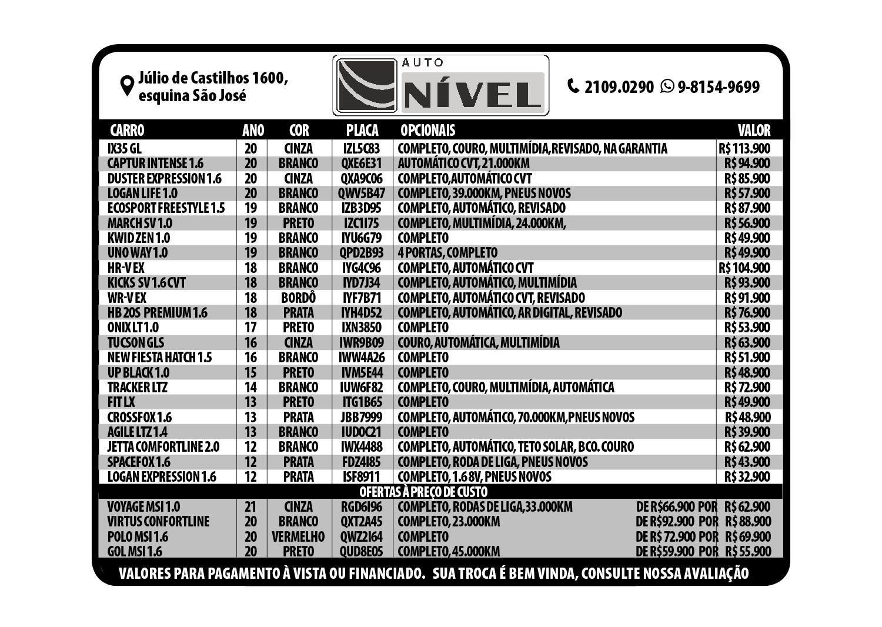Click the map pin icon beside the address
[126, 85]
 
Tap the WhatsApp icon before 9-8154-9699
[667, 86]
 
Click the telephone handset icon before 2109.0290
[573, 86]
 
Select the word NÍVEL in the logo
[473, 92]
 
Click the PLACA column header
[362, 130]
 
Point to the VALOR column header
[754, 130]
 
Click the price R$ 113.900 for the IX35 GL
[744, 148]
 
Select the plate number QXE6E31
[362, 164]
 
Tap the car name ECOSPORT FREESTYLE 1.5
[166, 208]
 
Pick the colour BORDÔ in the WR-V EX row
[299, 298]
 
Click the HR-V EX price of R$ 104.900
[744, 268]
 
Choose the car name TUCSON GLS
[136, 342]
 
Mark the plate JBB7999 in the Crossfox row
[362, 417]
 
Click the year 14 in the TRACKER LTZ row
[250, 387]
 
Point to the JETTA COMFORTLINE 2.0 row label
[163, 447]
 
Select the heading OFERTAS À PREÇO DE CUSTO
[423, 492]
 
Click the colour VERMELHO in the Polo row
[298, 536]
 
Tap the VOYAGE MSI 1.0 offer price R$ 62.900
[747, 506]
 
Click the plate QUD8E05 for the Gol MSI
[362, 552]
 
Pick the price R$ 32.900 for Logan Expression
[747, 476]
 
